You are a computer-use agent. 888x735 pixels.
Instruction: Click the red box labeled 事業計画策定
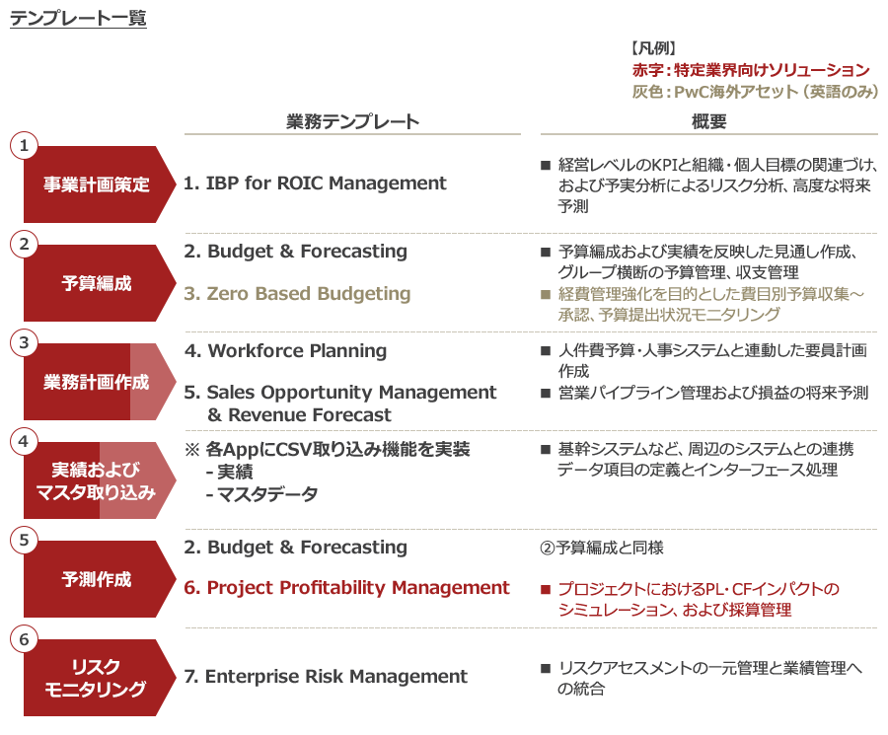[x=100, y=184]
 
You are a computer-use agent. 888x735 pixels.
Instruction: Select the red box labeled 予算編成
[x=100, y=283]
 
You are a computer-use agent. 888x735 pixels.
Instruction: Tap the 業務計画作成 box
[x=100, y=382]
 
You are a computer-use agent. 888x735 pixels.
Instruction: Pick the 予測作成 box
[x=100, y=579]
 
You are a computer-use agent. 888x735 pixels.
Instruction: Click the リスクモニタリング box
[x=100, y=677]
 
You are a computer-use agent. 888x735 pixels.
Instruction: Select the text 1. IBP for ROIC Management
[x=315, y=184]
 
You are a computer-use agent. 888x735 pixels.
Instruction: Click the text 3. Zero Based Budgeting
[x=297, y=294]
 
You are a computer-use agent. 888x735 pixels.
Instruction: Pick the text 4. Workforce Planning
[x=285, y=351]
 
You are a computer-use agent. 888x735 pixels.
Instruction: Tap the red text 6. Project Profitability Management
[x=347, y=588]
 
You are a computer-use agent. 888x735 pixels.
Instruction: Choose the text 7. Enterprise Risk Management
[x=326, y=677]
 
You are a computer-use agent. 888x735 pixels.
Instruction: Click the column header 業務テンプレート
[x=352, y=120]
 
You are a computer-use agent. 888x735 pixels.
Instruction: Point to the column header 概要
[x=708, y=120]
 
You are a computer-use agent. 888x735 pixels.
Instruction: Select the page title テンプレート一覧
[x=78, y=19]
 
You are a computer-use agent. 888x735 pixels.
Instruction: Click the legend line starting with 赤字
[x=750, y=70]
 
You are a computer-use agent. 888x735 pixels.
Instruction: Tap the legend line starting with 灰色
[x=755, y=91]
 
